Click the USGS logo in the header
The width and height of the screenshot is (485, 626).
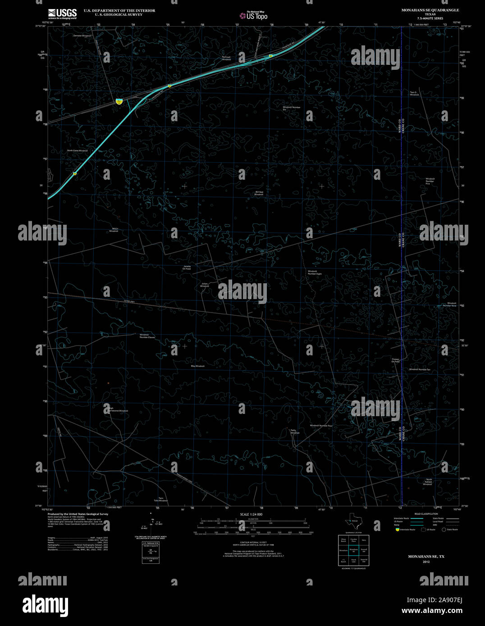click(x=62, y=13)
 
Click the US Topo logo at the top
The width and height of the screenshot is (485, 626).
click(x=253, y=15)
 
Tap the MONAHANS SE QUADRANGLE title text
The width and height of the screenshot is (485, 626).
click(x=424, y=10)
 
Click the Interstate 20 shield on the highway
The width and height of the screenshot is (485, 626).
click(x=119, y=101)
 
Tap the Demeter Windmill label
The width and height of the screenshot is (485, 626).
click(x=82, y=36)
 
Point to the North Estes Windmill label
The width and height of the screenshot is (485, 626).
click(x=78, y=150)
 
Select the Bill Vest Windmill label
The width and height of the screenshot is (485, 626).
click(x=259, y=193)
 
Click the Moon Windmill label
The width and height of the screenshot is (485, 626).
click(x=115, y=230)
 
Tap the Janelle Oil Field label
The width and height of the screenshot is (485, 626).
click(x=187, y=268)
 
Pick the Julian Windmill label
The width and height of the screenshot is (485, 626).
click(x=205, y=285)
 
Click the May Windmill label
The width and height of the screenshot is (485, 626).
click(x=198, y=366)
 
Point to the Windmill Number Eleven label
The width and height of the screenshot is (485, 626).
click(x=147, y=336)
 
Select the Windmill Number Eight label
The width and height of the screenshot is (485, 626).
click(x=315, y=272)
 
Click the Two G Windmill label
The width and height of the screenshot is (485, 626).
click(x=414, y=93)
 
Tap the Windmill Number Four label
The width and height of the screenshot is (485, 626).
click(x=321, y=426)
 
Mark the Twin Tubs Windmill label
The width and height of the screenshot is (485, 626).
click(x=161, y=499)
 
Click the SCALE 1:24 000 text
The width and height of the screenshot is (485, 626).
click(x=251, y=514)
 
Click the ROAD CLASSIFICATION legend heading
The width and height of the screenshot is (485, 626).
click(x=426, y=514)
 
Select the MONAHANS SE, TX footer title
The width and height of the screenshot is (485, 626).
click(x=426, y=557)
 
